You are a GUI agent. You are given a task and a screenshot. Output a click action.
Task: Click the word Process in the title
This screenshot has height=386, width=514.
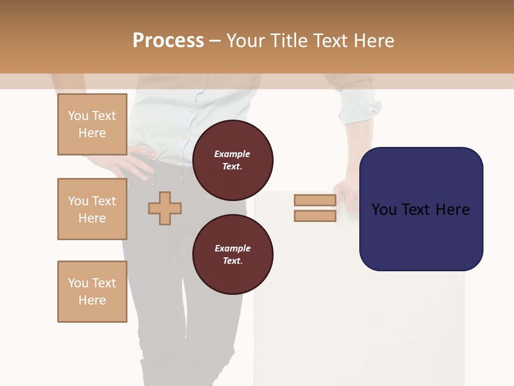tap(168, 40)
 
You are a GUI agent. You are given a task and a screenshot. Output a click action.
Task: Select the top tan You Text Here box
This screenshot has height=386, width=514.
tap(92, 124)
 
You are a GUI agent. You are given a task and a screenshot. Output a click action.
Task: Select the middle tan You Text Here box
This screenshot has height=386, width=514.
tap(92, 209)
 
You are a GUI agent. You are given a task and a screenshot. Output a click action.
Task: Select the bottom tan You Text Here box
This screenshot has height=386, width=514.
tap(92, 292)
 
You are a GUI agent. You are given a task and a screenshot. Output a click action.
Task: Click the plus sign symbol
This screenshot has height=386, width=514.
tap(165, 208)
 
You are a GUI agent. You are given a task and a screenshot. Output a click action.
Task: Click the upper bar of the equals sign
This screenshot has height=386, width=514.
tap(315, 200)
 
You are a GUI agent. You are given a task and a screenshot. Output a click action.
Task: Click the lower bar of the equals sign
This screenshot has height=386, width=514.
tap(315, 216)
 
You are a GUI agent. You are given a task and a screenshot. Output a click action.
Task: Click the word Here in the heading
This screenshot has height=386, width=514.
tap(373, 40)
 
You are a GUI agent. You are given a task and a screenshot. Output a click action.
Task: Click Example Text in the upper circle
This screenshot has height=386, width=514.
tap(232, 160)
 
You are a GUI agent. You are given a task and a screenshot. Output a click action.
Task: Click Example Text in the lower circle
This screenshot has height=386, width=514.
tap(232, 254)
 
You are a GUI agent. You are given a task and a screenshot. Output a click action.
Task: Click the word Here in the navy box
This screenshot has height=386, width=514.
tap(452, 209)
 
